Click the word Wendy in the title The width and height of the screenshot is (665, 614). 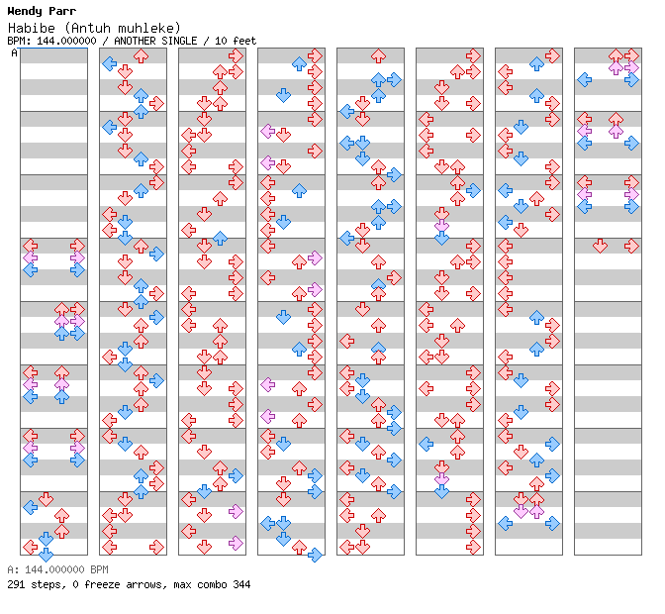click(x=23, y=11)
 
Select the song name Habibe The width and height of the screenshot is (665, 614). click(x=28, y=28)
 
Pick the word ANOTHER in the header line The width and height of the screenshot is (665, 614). click(x=137, y=42)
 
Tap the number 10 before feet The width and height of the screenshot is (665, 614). click(x=221, y=42)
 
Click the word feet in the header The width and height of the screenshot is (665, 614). click(x=243, y=42)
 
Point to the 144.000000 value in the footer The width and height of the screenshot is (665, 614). click(x=49, y=571)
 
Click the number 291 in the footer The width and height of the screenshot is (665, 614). click(x=16, y=585)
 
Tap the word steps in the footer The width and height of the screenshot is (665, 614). click(x=45, y=585)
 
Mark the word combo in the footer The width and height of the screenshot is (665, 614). click(x=214, y=585)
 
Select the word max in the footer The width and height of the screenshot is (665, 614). click(x=183, y=585)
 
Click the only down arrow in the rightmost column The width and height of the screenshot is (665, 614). click(x=600, y=246)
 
